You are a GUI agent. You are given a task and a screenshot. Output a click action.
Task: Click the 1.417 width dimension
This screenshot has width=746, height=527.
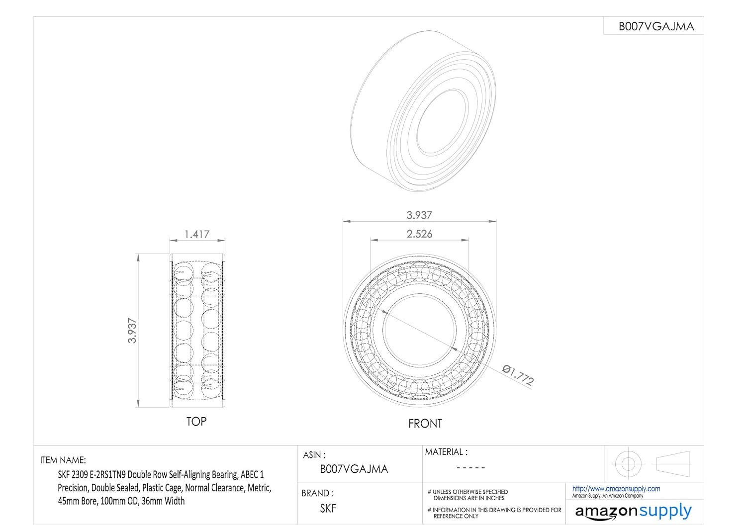[197, 234]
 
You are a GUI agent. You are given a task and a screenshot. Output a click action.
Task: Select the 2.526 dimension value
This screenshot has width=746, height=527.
[419, 234]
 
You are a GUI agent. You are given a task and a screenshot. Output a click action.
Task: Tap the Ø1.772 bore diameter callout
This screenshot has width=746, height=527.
[518, 375]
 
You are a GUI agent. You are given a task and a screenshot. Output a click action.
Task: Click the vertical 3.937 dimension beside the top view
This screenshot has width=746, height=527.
[132, 331]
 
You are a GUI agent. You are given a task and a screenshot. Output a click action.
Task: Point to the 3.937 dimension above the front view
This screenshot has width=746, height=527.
[419, 215]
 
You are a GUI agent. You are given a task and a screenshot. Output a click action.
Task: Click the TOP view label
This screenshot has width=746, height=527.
[196, 422]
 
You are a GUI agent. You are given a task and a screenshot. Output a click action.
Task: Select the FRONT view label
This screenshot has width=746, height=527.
[425, 424]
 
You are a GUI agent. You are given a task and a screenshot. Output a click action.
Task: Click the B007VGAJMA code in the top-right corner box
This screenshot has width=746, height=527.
[656, 26]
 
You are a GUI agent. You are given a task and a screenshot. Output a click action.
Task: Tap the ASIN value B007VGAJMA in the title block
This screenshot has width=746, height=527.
[354, 469]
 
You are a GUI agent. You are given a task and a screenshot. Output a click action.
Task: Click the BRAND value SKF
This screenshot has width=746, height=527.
[328, 508]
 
